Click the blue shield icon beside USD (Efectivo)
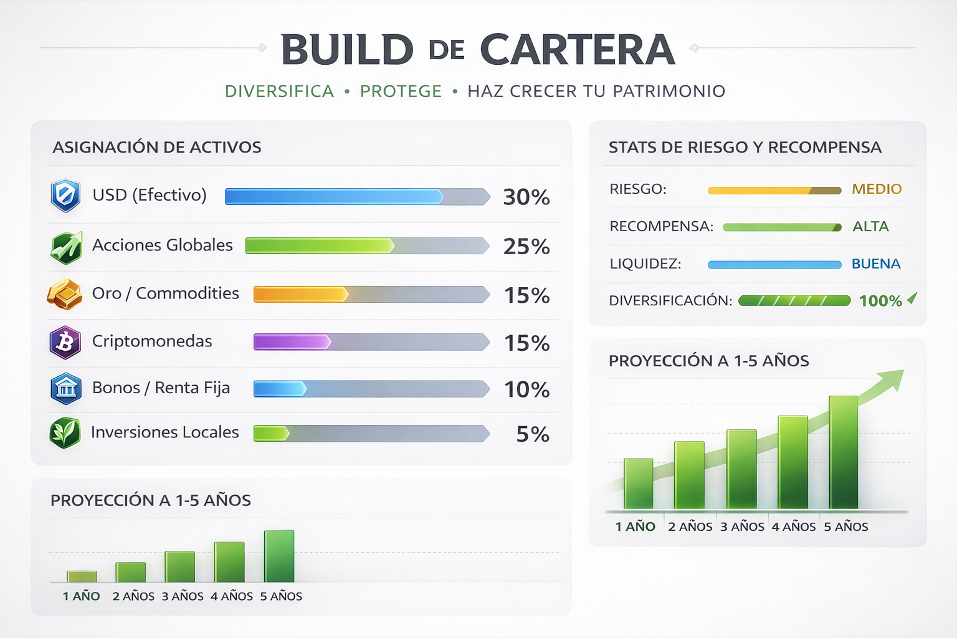65,196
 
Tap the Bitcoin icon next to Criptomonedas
65,342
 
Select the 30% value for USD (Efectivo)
526,197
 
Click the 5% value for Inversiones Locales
533,434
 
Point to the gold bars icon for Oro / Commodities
65,294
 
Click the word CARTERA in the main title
578,50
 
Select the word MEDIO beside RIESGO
877,189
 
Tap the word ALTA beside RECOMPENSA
870,226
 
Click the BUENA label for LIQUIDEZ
876,264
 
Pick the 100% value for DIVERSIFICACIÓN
880,301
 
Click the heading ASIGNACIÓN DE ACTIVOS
157,148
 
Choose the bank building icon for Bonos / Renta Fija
65,388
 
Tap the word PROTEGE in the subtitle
401,92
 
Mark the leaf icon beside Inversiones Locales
65,433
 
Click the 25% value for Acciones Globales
526,246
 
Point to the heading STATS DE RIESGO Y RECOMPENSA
745,148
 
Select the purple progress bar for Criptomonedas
292,341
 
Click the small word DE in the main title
447,50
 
